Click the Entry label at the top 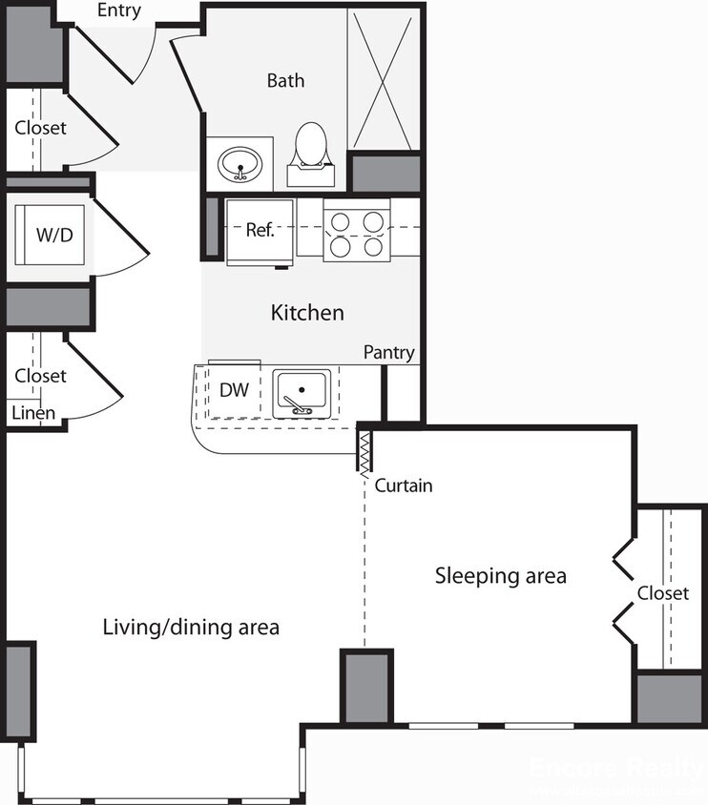119,11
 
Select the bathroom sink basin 240,164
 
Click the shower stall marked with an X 383,79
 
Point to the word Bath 285,80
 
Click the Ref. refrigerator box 260,230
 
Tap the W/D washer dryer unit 53,235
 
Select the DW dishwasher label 234,389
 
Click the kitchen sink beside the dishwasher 302,392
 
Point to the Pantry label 388,353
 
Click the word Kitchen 307,313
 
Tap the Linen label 32,413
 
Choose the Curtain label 403,485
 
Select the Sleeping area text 500,576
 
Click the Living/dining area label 191,627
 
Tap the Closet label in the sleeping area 662,593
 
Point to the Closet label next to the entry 40,127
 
